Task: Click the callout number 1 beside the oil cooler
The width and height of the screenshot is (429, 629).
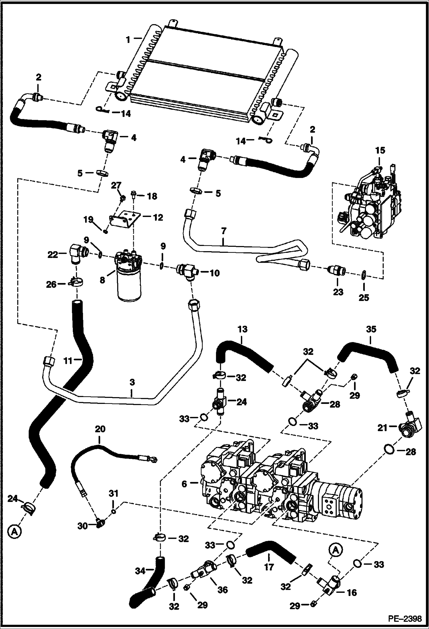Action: point(128,40)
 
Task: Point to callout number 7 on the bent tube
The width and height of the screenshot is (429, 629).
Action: point(224,230)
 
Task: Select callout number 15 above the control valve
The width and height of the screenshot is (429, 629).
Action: point(381,151)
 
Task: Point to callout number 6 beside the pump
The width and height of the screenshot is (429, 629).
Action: point(184,484)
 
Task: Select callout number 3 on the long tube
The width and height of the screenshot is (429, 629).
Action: point(132,382)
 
